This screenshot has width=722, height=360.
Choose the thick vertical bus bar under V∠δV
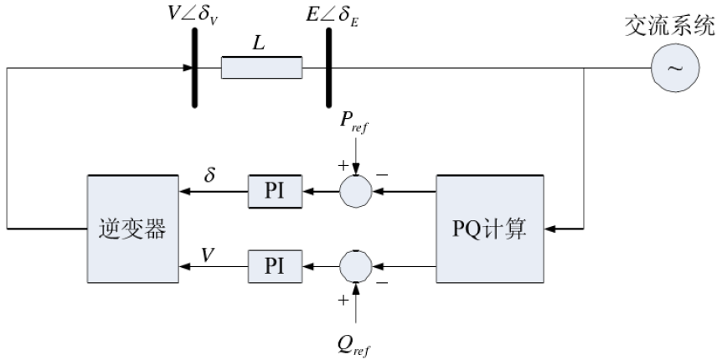tap(194, 67)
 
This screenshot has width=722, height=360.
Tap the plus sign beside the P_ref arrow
tap(342, 165)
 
